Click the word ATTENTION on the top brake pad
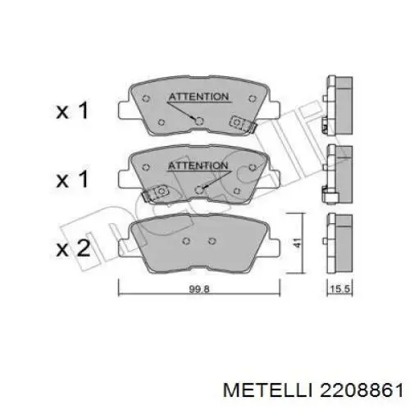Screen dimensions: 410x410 (198, 97)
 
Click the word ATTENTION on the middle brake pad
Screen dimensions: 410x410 (198, 166)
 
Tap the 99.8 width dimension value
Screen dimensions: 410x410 (199, 289)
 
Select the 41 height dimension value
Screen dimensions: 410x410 (298, 243)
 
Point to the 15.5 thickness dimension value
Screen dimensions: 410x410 (340, 289)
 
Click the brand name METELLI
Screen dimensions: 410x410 (267, 390)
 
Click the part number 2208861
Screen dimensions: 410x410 (361, 390)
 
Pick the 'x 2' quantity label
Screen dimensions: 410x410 (73, 248)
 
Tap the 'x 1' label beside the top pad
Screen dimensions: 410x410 (72, 110)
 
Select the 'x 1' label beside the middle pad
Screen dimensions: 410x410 (72, 179)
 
